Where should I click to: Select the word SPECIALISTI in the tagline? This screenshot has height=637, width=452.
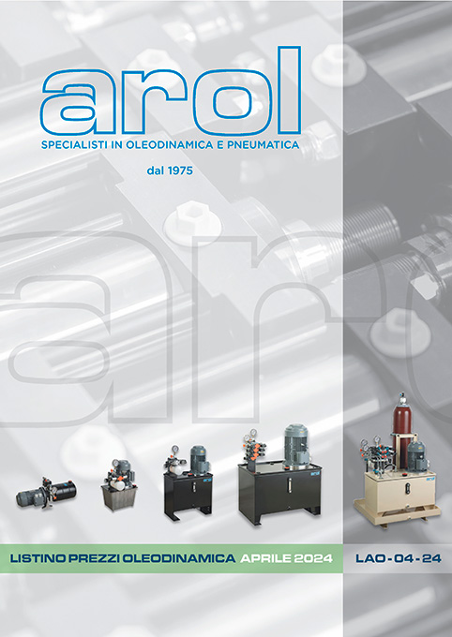pos(78,146)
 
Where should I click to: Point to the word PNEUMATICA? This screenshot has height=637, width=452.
pos(266,146)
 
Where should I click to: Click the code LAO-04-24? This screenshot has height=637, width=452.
pos(399,558)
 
